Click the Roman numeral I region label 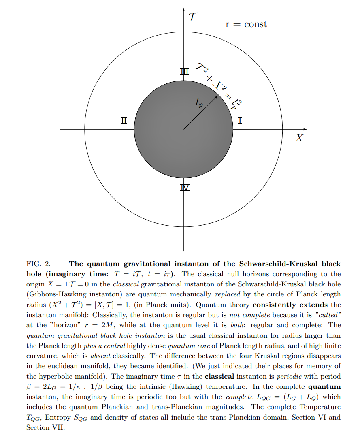[240, 120]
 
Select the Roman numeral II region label [124, 120]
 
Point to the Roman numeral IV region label [185, 188]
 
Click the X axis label [299, 138]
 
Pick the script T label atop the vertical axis [193, 17]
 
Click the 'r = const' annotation [246, 24]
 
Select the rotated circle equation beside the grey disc [219, 86]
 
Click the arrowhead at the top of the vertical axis [183, 9]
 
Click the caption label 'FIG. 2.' [38, 264]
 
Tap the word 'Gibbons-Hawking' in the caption [53, 294]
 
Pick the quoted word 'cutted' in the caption [326, 315]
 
